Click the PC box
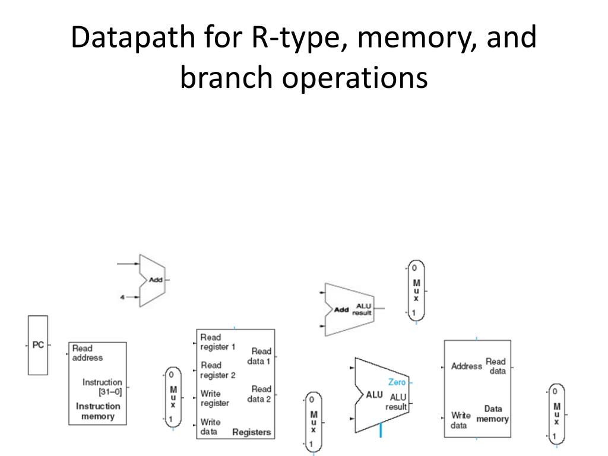[38, 345]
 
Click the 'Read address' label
[87, 353]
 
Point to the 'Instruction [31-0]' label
[102, 387]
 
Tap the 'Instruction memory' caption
[98, 411]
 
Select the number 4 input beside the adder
[122, 297]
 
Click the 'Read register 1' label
[217, 342]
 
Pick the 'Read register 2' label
[218, 370]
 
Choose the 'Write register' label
[215, 398]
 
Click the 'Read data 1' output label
[259, 356]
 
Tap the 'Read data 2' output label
[259, 394]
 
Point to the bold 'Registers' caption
[251, 432]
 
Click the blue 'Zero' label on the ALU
[397, 382]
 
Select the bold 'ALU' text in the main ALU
[374, 395]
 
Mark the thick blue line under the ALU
[381, 430]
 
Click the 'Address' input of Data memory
[467, 366]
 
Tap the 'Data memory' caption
[492, 414]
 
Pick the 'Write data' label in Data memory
[461, 420]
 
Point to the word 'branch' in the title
[226, 77]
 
